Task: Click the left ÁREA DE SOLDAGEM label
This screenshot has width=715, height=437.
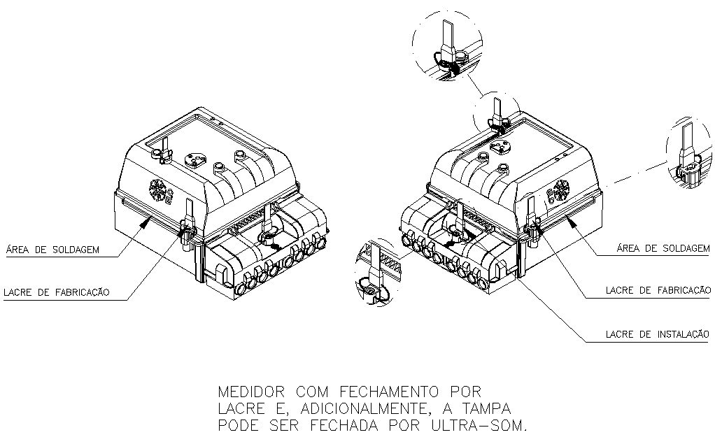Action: click(52, 250)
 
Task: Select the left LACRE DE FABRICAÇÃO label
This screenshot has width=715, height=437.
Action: click(57, 292)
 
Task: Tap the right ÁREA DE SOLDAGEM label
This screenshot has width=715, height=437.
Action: click(663, 248)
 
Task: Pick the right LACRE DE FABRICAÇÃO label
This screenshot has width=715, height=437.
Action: click(658, 290)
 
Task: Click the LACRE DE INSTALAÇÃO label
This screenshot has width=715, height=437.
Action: click(657, 334)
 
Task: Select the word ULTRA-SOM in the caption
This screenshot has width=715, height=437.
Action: click(479, 426)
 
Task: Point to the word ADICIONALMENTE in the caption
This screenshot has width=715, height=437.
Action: click(366, 409)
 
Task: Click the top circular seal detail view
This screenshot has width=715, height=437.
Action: click(447, 47)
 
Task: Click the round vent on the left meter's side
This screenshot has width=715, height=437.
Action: click(158, 188)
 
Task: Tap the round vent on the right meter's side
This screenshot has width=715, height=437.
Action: click(561, 189)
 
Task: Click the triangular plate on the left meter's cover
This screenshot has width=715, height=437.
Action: click(196, 161)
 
